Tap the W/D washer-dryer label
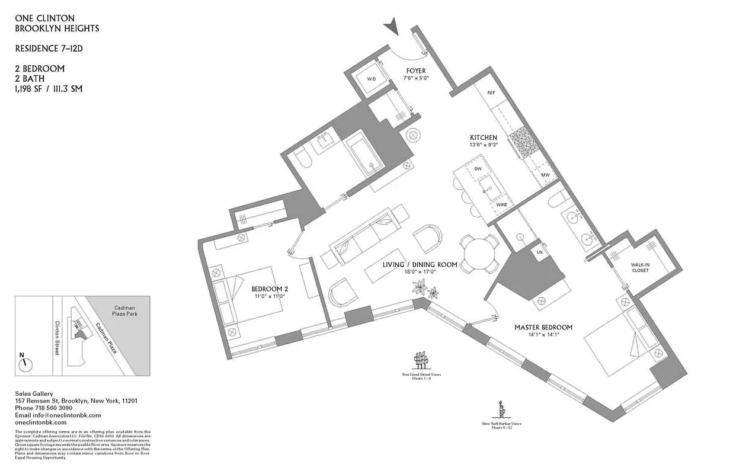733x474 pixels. pyautogui.click(x=371, y=79)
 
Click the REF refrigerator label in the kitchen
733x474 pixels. pyautogui.click(x=491, y=93)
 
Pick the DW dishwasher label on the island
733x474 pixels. pyautogui.click(x=478, y=169)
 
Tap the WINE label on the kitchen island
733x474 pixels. pyautogui.click(x=501, y=204)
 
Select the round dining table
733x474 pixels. pyautogui.click(x=479, y=253)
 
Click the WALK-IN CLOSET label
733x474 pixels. pyautogui.click(x=640, y=267)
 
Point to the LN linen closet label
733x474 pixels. pyautogui.click(x=539, y=252)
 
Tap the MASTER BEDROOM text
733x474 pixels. pyautogui.click(x=543, y=327)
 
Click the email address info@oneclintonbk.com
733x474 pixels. pyautogui.click(x=57, y=415)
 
